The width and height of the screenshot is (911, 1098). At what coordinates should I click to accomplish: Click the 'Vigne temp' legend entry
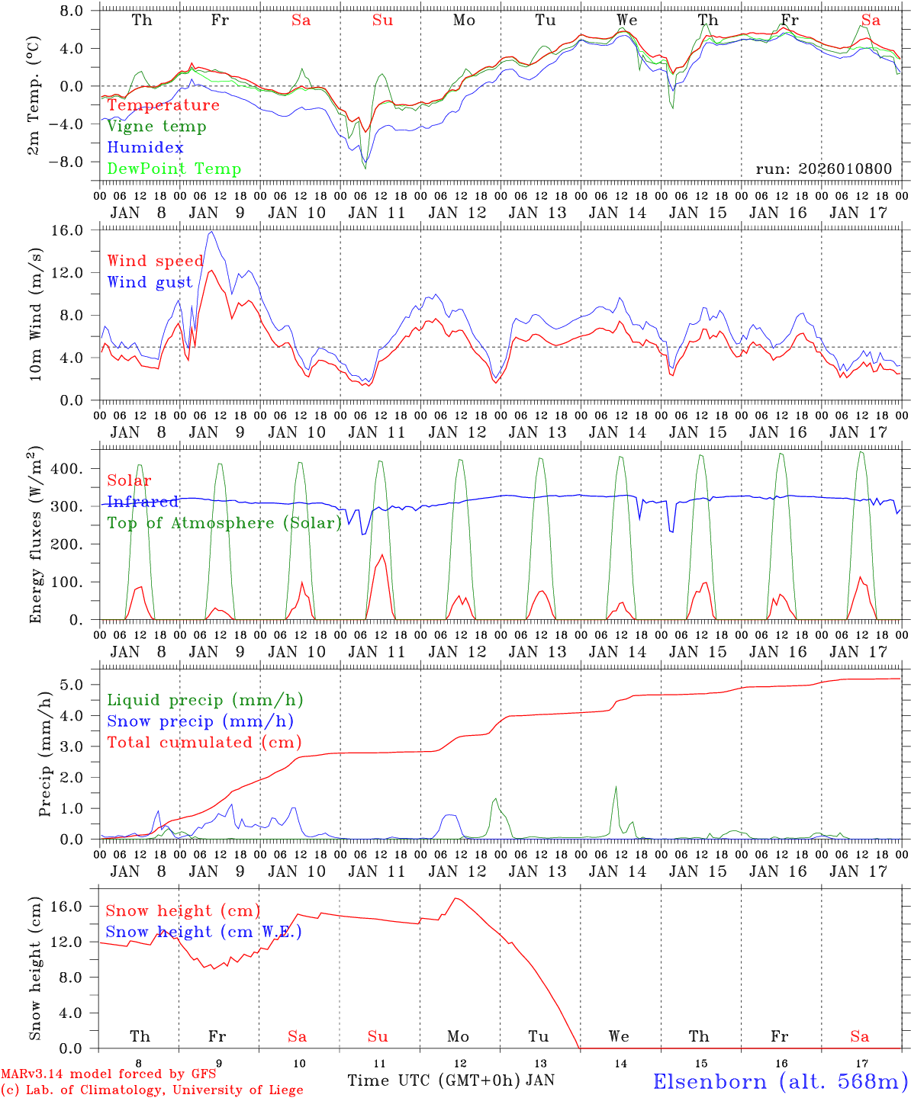coord(156,127)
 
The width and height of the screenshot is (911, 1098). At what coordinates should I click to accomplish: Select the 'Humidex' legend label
coord(146,147)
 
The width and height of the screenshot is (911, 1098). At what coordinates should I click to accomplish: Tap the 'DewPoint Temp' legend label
coord(174,169)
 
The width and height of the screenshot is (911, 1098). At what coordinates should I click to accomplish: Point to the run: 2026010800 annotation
coord(823,169)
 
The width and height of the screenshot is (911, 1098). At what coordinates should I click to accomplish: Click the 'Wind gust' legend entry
coord(150,282)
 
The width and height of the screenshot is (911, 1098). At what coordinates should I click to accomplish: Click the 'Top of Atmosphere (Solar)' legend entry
coord(224,523)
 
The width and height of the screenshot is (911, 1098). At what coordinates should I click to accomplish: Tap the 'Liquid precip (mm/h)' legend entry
coord(205,700)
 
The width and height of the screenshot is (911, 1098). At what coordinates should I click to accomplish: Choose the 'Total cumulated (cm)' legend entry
coord(204,742)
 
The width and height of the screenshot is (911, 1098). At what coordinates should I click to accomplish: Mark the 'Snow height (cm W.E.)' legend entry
coord(204,932)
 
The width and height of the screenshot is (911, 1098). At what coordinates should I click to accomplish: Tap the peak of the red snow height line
coord(456,898)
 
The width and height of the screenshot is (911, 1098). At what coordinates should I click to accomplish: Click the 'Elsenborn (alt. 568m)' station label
coord(781,1081)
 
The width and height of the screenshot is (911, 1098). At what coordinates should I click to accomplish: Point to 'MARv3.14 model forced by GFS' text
coord(108,1074)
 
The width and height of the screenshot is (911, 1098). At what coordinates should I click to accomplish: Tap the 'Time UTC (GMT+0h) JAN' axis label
coord(451,1080)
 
